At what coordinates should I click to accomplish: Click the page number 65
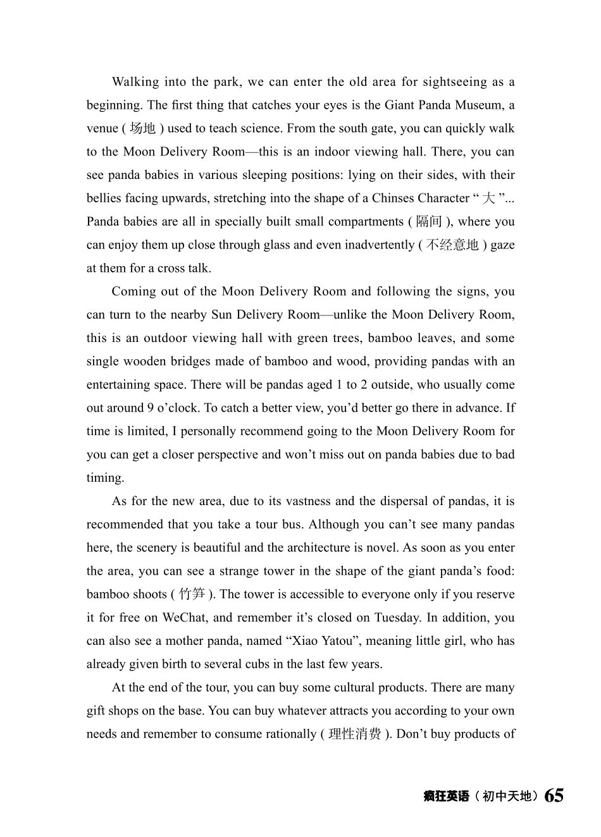click(x=554, y=795)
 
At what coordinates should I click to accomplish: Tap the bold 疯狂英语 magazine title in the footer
click(x=446, y=797)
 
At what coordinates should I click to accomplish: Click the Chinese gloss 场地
click(x=142, y=128)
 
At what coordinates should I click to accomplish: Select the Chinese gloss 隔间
click(x=429, y=222)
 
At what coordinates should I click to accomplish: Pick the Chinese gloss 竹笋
click(x=192, y=594)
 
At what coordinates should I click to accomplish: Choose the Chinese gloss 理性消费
click(x=355, y=734)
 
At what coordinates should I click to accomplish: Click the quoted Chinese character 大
click(x=488, y=199)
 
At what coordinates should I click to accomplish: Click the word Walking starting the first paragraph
click(x=135, y=82)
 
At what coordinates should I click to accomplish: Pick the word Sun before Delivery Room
click(x=221, y=315)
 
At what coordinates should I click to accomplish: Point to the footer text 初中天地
click(x=507, y=797)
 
